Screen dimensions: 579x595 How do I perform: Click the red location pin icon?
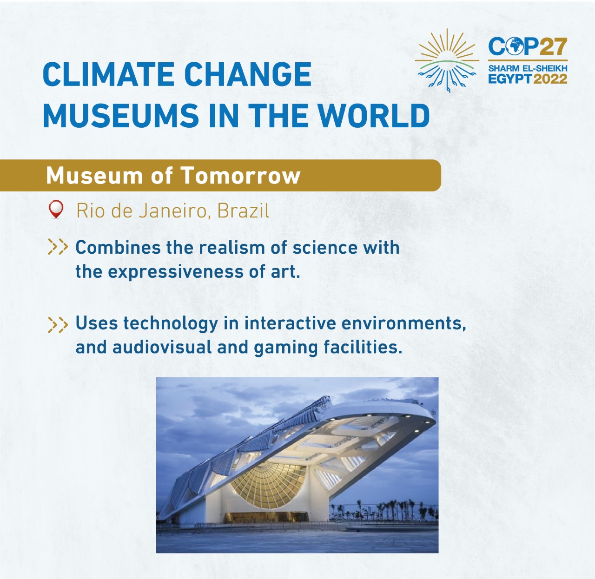(56, 210)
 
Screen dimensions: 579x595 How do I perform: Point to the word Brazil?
(243, 211)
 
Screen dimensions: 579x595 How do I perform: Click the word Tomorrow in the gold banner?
(240, 176)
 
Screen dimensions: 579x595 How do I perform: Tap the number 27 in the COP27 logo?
(553, 47)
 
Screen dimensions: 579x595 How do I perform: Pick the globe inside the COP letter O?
(516, 47)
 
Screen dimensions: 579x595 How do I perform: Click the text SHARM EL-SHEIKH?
(528, 68)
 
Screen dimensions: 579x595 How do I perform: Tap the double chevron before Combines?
(58, 247)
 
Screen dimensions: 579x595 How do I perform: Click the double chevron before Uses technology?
(58, 324)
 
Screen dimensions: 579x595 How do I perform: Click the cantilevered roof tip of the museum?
(430, 418)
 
